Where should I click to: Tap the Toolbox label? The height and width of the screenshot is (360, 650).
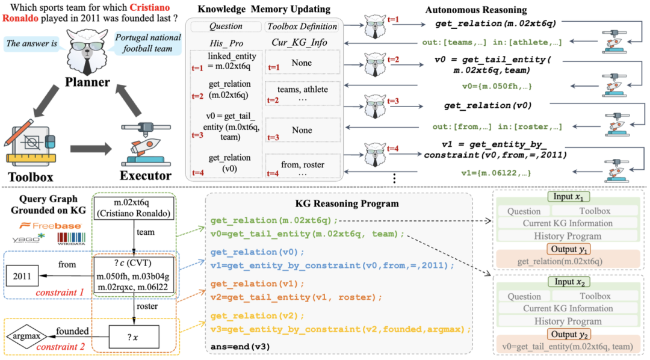[x=31, y=177]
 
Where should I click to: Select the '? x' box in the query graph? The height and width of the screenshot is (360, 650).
[x=134, y=337]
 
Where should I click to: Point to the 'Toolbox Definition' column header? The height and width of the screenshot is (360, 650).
[x=302, y=27]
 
